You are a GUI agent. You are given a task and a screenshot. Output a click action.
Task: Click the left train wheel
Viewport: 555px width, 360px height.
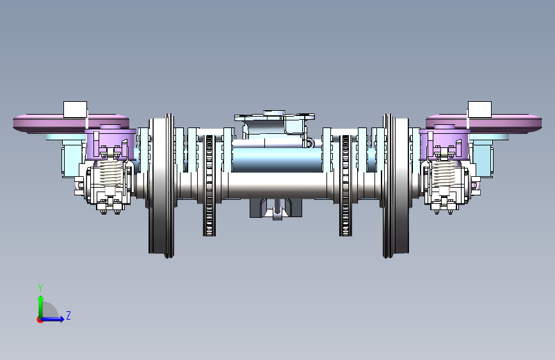(161, 186)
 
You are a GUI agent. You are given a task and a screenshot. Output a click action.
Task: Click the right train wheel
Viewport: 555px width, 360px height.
(396, 186)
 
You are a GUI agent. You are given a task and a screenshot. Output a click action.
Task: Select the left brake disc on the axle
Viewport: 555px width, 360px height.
(209, 186)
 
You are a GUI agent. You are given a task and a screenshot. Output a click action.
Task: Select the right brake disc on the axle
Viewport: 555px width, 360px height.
(346, 186)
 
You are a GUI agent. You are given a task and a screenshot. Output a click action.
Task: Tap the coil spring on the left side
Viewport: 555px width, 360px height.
(111, 173)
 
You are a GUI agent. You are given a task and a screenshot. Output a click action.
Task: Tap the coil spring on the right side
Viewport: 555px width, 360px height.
(444, 173)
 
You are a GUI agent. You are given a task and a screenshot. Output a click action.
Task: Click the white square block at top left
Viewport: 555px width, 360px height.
(75, 110)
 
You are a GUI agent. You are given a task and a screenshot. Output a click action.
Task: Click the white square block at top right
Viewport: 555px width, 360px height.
(479, 110)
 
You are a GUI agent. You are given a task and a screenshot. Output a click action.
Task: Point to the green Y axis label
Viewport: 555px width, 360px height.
(40, 288)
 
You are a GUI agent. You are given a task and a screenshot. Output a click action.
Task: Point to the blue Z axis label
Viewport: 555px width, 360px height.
(68, 315)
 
